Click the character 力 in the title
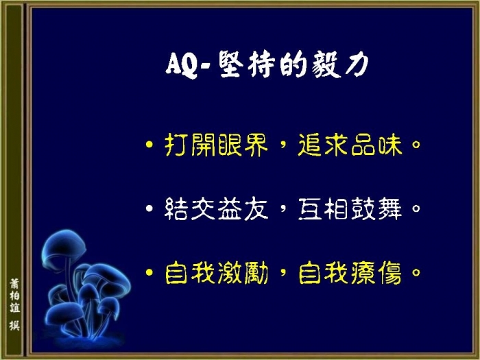[x=357, y=64]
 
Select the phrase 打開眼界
[x=217, y=145]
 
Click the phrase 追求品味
[x=350, y=145]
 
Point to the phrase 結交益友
[x=217, y=208]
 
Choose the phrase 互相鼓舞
[x=350, y=208]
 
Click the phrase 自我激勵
[x=217, y=273]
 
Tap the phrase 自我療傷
[x=350, y=273]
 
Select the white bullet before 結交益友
[x=149, y=208]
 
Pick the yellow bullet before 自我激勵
[x=149, y=272]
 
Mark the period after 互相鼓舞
[x=416, y=208]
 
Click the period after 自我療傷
[x=416, y=272]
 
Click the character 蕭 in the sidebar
[x=14, y=283]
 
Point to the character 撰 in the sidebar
[x=14, y=325]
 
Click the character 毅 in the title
[x=326, y=64]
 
